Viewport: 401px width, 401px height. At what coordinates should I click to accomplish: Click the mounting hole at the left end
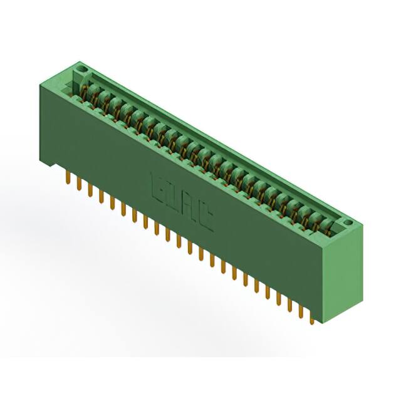80,66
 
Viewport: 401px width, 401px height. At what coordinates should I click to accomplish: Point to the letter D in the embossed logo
174,196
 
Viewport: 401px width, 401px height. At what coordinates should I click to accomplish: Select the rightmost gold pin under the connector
311,318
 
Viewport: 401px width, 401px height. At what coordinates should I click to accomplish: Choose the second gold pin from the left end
78,184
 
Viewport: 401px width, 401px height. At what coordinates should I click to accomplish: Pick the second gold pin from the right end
301,312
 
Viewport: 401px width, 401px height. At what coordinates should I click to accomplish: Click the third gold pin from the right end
290,305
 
